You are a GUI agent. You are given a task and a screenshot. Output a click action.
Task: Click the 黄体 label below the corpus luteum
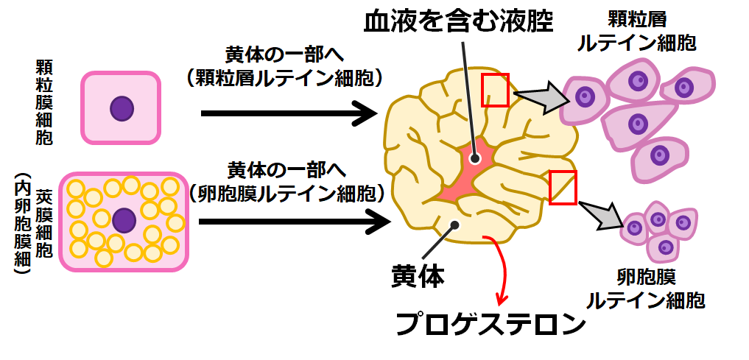[417, 278]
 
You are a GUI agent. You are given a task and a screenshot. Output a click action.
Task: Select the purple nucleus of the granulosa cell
[122, 109]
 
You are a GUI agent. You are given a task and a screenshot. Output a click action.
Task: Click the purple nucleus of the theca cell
[124, 220]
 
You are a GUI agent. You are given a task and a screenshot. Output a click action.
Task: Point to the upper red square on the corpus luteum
[495, 89]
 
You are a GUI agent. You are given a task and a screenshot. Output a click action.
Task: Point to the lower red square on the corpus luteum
[563, 186]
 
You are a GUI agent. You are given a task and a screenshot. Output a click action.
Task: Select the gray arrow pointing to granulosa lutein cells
[541, 96]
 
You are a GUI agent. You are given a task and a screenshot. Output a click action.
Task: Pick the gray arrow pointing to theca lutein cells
[606, 215]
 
